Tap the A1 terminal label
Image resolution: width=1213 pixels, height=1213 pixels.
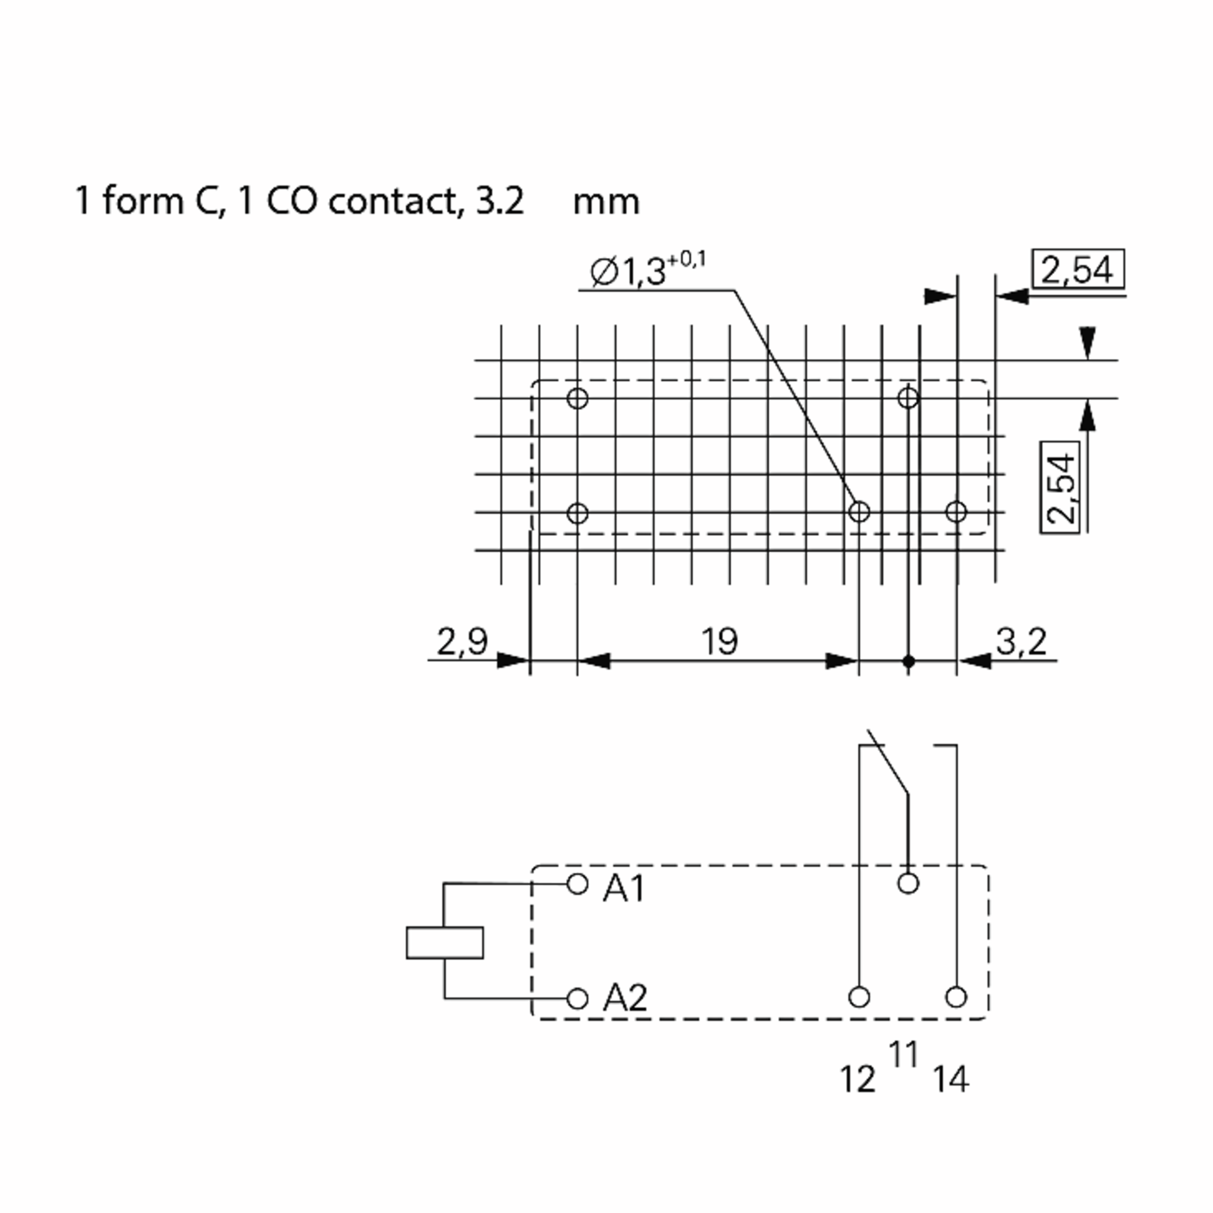(x=624, y=889)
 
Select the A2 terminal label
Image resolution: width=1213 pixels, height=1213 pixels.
(x=625, y=997)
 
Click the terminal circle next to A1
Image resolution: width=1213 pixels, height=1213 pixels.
(x=577, y=884)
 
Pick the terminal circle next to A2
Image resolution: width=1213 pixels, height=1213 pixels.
(x=577, y=998)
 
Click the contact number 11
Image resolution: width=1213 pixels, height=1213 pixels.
(x=904, y=1054)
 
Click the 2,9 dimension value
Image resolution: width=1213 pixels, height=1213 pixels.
(x=462, y=642)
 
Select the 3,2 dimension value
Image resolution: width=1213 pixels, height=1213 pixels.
(x=1021, y=642)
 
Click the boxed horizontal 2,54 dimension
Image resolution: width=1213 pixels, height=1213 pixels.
(x=1078, y=270)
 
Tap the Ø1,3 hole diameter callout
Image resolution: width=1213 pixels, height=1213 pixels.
(x=647, y=270)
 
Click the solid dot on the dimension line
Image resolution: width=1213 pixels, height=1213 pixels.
(x=908, y=661)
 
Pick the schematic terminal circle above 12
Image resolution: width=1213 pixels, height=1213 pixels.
(x=859, y=997)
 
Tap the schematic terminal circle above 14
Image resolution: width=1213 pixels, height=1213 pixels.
(x=956, y=997)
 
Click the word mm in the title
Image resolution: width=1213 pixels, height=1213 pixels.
(x=606, y=203)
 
